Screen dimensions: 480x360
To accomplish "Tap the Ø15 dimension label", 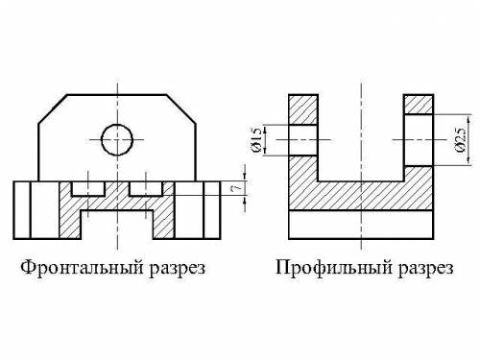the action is tap(257, 139).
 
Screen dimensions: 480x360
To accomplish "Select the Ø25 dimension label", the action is tap(460, 140).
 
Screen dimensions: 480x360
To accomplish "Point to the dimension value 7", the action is tap(236, 189).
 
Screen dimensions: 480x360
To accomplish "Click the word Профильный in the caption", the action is tap(334, 267).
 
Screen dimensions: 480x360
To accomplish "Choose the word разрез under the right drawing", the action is tap(426, 269).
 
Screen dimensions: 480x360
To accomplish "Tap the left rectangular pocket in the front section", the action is tap(88, 189).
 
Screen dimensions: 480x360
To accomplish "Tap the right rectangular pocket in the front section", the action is tap(146, 189).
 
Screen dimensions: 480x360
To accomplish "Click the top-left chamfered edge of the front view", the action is tap(53, 108).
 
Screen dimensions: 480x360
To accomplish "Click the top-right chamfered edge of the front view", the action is tap(181, 108).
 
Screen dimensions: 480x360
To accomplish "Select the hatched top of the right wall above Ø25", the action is tap(419, 105).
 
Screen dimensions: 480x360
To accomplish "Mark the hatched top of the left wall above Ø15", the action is tap(303, 109).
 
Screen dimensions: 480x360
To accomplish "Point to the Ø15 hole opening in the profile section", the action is tap(303, 140).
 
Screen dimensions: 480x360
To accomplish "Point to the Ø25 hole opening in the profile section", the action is tap(419, 140).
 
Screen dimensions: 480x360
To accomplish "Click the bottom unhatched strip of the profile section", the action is tap(361, 225).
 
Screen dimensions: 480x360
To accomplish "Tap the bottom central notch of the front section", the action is tap(117, 225).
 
